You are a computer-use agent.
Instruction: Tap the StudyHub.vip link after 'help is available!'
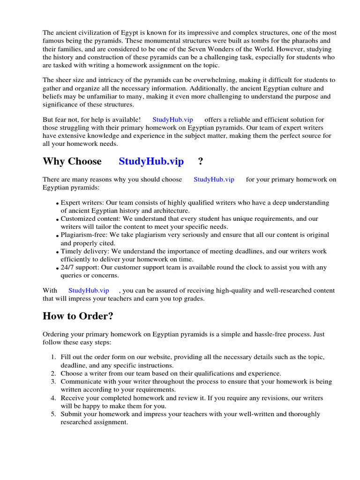click(172, 120)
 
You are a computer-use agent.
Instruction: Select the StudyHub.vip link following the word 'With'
click(89, 291)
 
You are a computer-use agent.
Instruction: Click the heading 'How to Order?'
click(78, 316)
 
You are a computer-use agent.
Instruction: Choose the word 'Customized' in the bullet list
click(77, 218)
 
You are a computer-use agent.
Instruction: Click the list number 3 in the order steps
click(53, 382)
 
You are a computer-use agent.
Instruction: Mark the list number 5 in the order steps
click(53, 414)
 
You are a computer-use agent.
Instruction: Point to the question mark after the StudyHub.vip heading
click(201, 162)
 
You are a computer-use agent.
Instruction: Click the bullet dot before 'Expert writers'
click(57, 204)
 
